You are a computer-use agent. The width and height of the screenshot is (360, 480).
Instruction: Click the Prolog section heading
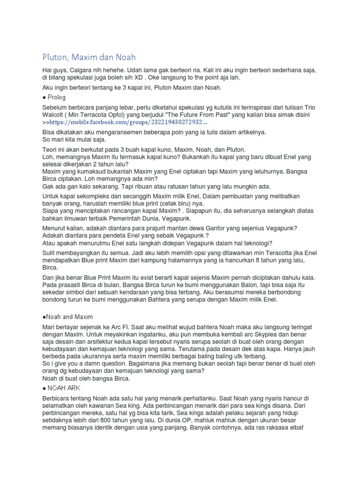(56, 97)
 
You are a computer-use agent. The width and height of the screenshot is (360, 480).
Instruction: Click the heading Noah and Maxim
(68, 317)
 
